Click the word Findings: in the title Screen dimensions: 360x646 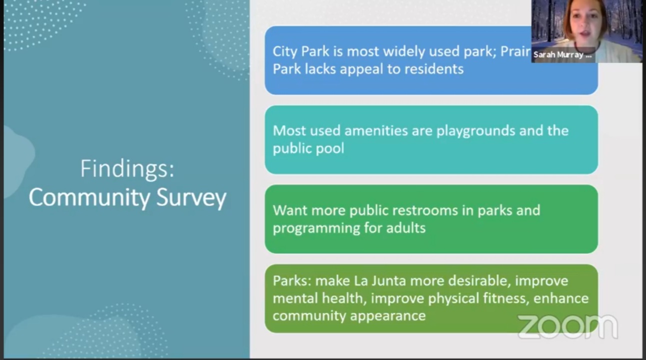[127, 169]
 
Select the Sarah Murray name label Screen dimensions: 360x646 [562, 55]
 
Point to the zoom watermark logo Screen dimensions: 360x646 [567, 326]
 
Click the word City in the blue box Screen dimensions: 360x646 [284, 51]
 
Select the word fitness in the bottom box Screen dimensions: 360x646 [507, 298]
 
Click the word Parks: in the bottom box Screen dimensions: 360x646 [292, 281]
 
